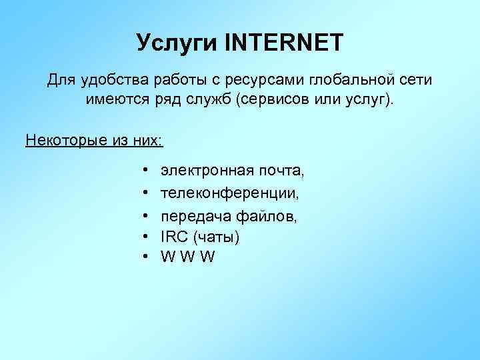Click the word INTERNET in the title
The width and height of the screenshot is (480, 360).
click(285, 43)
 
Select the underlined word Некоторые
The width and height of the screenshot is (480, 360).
click(63, 141)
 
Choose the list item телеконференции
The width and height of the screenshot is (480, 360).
click(230, 193)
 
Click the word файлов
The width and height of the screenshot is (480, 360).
click(267, 216)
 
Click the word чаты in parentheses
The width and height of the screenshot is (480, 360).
click(215, 237)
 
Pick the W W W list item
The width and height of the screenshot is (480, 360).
click(188, 257)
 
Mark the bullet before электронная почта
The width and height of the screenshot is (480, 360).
click(145, 172)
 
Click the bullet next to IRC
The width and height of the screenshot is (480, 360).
click(145, 237)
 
